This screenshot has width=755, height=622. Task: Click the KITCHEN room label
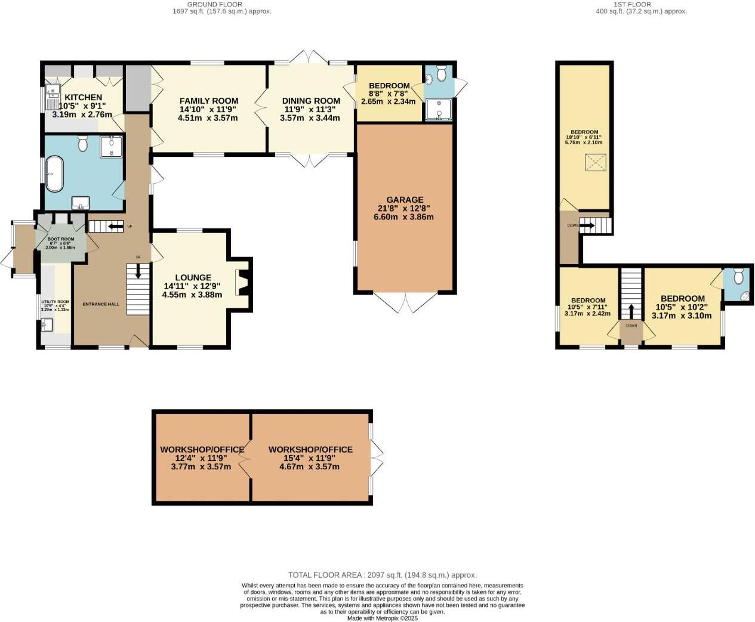coord(83,97)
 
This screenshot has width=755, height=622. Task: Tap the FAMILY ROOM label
coord(208,101)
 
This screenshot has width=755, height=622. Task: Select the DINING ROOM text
coord(310,101)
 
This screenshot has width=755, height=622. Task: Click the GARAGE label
coord(404,200)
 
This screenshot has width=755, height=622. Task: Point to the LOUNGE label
coord(193,277)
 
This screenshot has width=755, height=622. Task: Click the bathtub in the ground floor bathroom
coord(54,174)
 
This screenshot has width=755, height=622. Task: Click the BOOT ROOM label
coord(61,239)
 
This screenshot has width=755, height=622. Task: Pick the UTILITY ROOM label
coord(55,302)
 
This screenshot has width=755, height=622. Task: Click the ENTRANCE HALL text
coord(101,304)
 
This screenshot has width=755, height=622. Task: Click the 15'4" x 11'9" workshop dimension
coord(310,458)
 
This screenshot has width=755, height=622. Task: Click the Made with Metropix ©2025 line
coord(382,618)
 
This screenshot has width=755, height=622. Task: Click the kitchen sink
coord(53,93)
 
